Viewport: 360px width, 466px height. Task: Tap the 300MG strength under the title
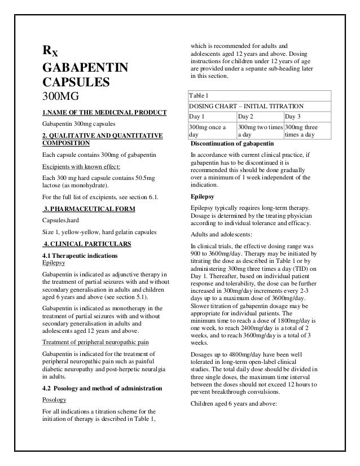pos(61,96)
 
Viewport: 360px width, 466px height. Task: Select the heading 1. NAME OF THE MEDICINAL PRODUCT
pos(104,111)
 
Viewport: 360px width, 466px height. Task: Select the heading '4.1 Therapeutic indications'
pos(80,256)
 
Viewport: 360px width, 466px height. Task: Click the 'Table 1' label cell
pos(200,96)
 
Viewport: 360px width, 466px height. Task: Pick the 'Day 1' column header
pos(197,116)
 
